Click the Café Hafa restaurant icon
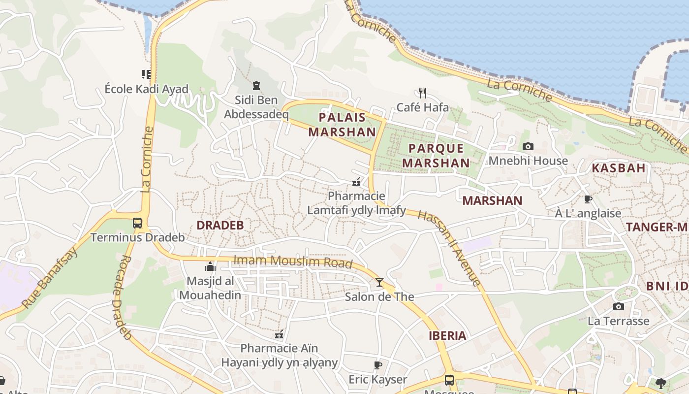pos(422,92)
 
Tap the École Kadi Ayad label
pos(147,89)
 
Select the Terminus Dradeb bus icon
pos(137,223)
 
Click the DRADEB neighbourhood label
pos(220,225)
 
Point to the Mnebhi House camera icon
pos(528,146)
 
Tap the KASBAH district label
pos(618,168)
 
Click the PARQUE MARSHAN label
pos(436,156)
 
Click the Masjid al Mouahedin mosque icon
pos(210,267)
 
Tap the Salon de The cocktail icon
pos(379,282)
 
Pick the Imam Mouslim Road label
pos(293,261)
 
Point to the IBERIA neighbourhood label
pos(447,336)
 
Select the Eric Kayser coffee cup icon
pos(377,365)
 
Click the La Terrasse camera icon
pos(619,306)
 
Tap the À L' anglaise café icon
pos(588,199)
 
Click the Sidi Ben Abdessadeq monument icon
pos(255,86)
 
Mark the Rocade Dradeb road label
pos(122,298)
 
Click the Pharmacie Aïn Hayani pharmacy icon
pos(279,334)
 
